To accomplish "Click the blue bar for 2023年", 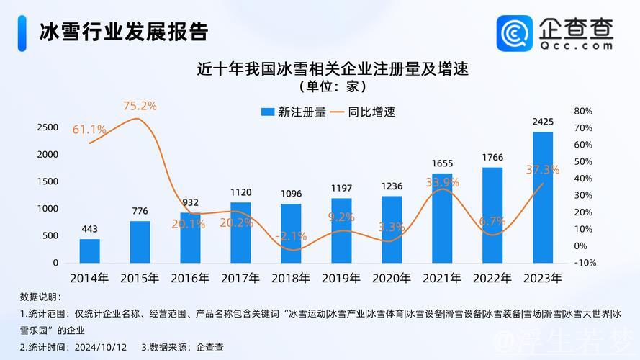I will pyautogui.click(x=543, y=197).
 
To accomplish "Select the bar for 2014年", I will pyautogui.click(x=90, y=251).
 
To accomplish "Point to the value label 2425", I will pyautogui.click(x=543, y=122).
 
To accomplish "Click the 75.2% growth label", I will pyautogui.click(x=140, y=106).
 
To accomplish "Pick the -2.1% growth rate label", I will pyautogui.click(x=291, y=235).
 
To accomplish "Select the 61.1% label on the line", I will pyautogui.click(x=89, y=130).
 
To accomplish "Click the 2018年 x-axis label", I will pyautogui.click(x=291, y=277).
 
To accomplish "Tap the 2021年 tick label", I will pyautogui.click(x=442, y=277).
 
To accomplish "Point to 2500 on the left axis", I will pyautogui.click(x=48, y=127).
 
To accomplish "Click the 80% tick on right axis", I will pyautogui.click(x=583, y=111).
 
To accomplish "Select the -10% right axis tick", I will pyautogui.click(x=585, y=263).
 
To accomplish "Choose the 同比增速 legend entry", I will pyautogui.click(x=364, y=112).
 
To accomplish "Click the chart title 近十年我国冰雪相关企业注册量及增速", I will pyautogui.click(x=333, y=70).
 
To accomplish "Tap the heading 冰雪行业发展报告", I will pyautogui.click(x=124, y=32).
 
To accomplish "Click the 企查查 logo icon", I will pyautogui.click(x=514, y=33).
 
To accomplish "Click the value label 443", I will pyautogui.click(x=90, y=229).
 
